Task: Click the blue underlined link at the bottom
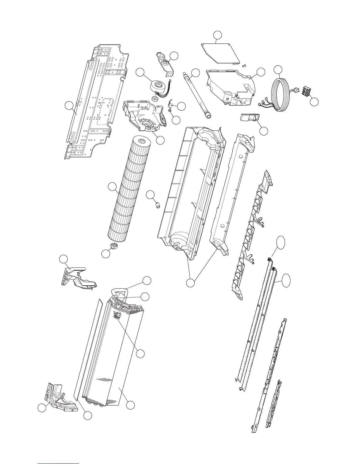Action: tap(59, 463)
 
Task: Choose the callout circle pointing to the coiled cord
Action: tap(278, 69)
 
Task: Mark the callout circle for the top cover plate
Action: tap(217, 35)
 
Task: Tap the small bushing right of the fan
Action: tap(158, 204)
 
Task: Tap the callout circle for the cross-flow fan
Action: tap(112, 187)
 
